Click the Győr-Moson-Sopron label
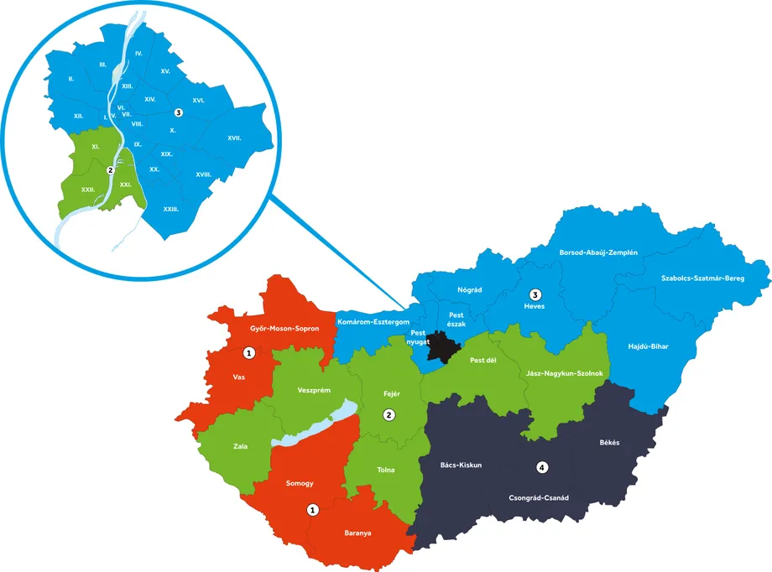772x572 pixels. pos(285,329)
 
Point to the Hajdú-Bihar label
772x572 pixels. pos(649,346)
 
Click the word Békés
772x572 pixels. pos(609,443)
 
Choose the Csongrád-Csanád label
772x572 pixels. pos(539,497)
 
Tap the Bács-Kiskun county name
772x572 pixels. pos(462,464)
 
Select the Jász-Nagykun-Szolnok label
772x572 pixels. pos(560,373)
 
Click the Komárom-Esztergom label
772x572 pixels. pos(373,321)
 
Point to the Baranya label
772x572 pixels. pos(358,533)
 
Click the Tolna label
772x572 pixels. pos(386,470)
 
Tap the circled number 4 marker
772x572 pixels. pos(542,466)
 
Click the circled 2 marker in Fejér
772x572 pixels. pos(389,414)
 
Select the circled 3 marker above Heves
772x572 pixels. pos(535,294)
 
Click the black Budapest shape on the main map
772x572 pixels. pos(442,346)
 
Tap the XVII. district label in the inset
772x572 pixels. pos(234,138)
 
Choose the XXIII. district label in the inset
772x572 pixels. pos(170,209)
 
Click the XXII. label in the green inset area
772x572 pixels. pos(87,190)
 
